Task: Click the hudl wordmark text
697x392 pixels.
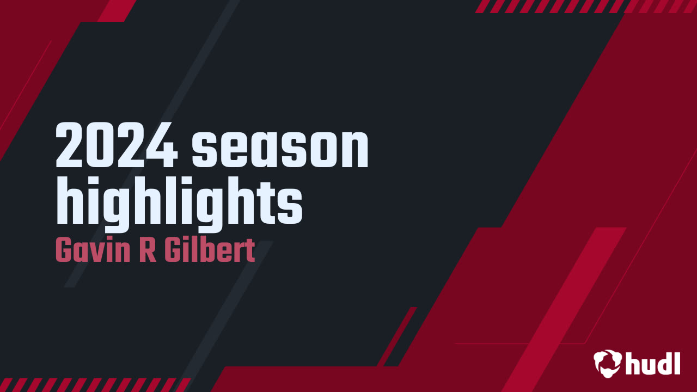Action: click(653, 363)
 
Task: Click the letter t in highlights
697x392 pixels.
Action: click(272, 203)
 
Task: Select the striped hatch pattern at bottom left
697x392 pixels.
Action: click(93, 384)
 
